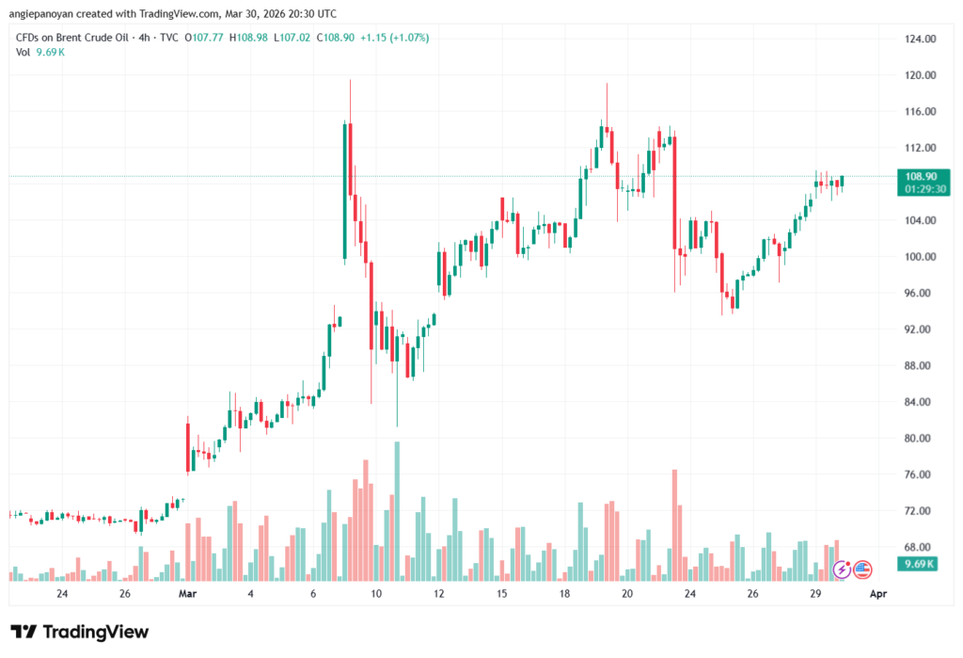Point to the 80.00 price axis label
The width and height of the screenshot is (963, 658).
pos(919,439)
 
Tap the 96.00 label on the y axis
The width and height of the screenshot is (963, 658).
pos(919,294)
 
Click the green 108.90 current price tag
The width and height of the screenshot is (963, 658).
pos(921,176)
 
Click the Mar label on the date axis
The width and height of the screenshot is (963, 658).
pos(187,594)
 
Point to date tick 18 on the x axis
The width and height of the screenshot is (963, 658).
pos(564,594)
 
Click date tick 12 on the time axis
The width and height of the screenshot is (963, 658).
pos(438,594)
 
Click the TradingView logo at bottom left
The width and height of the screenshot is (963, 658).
pos(79,632)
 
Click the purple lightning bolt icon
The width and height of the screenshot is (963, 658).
pos(842,569)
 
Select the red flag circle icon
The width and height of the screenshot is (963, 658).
pos(862,569)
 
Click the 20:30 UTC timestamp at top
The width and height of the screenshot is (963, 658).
pos(315,12)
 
